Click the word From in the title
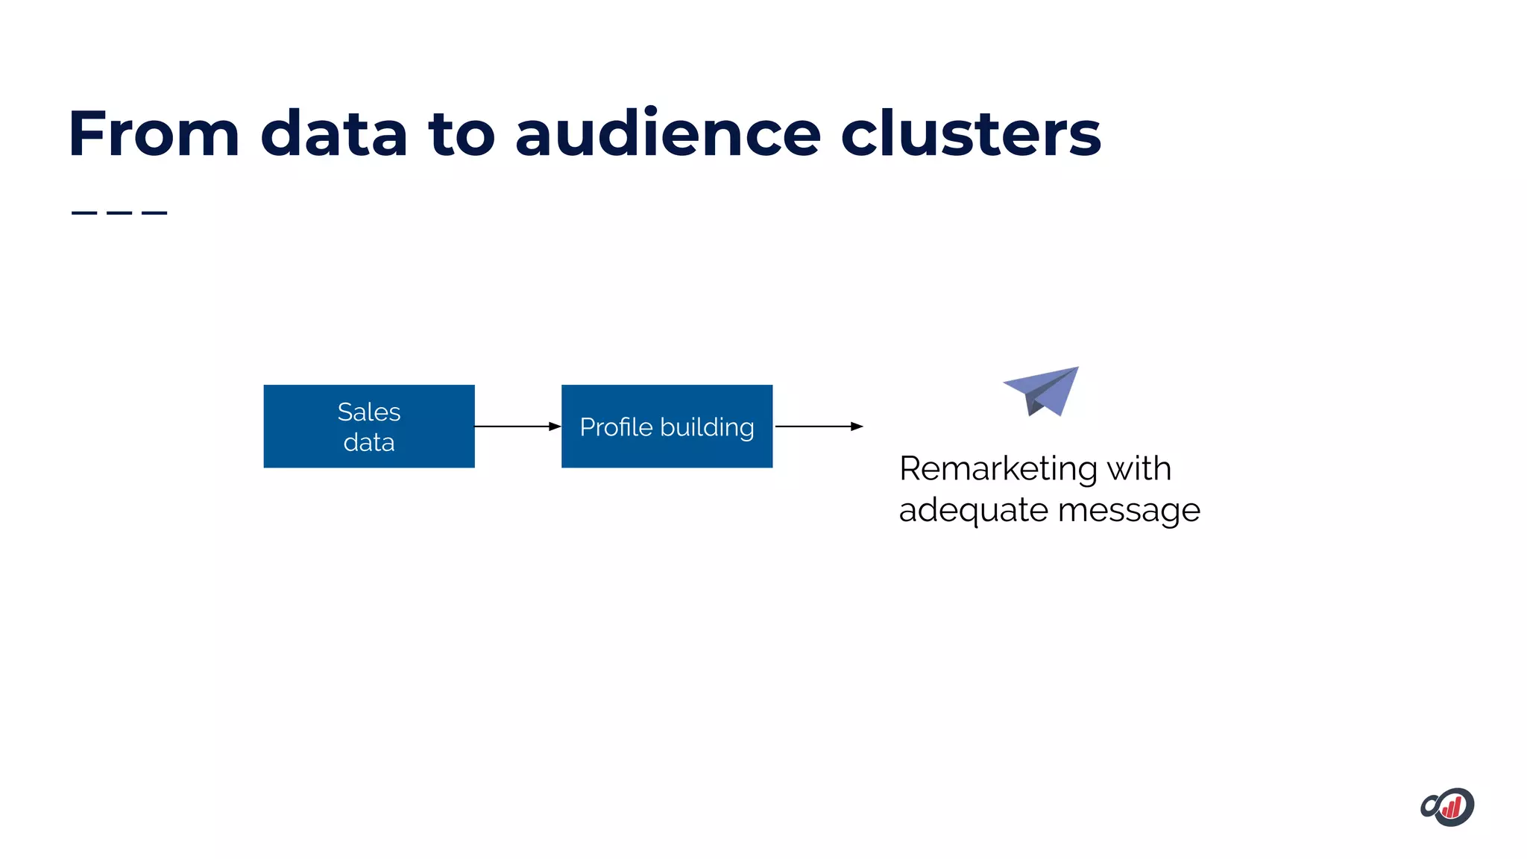[x=154, y=134]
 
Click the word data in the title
[x=333, y=134]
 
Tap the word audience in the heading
[x=667, y=134]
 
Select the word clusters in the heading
[x=970, y=134]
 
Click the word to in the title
[x=461, y=134]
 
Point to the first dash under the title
[x=84, y=213]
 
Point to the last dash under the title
[x=154, y=213]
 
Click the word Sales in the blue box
[x=369, y=412]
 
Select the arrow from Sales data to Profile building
[x=517, y=427]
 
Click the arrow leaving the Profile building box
[x=819, y=427]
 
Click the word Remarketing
[x=998, y=469]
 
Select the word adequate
[x=973, y=511]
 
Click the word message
[x=1129, y=511]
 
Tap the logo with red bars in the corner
[x=1447, y=807]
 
